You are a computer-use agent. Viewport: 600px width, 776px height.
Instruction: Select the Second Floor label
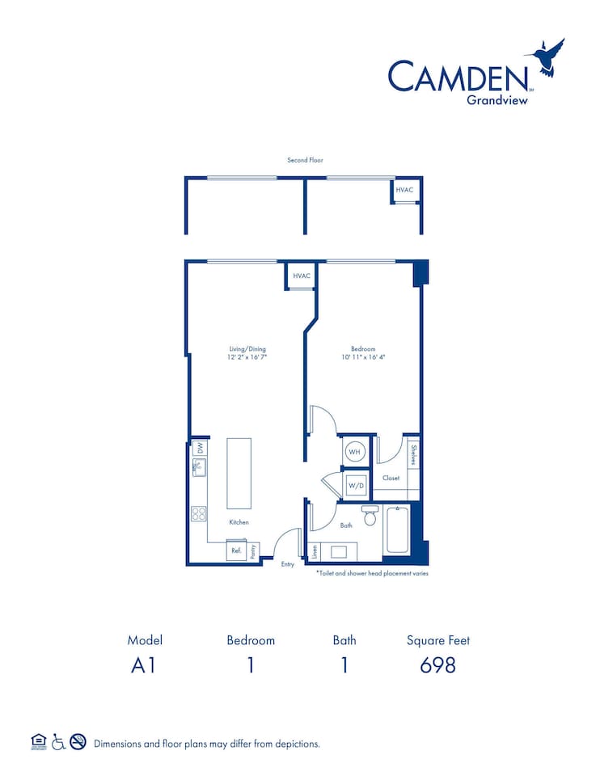pos(305,160)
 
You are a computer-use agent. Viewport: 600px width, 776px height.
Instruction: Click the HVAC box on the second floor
pos(405,190)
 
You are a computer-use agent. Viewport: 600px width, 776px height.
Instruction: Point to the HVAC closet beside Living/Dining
pos(302,276)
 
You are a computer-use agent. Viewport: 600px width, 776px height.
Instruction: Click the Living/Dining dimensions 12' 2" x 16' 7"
pos(247,356)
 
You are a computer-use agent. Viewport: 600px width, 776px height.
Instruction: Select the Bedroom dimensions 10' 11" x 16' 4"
pos(363,356)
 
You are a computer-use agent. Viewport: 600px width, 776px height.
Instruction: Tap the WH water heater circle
pos(354,452)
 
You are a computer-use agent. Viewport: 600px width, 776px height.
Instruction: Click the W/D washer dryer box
pos(355,486)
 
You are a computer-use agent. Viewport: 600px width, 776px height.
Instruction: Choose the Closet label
pos(391,478)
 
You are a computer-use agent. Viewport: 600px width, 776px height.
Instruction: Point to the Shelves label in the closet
pos(413,456)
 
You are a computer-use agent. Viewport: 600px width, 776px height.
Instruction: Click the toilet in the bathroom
pos(370,515)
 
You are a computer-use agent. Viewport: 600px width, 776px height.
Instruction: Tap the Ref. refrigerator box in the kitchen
pos(237,550)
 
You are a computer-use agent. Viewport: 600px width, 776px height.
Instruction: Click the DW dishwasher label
pos(199,447)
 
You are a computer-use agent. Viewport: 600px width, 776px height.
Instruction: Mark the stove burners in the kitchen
pos(199,512)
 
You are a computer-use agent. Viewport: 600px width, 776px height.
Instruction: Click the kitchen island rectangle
pos(239,473)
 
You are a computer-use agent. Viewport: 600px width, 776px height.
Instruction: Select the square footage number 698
pos(438,665)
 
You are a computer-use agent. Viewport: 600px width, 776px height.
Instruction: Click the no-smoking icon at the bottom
pos(78,742)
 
